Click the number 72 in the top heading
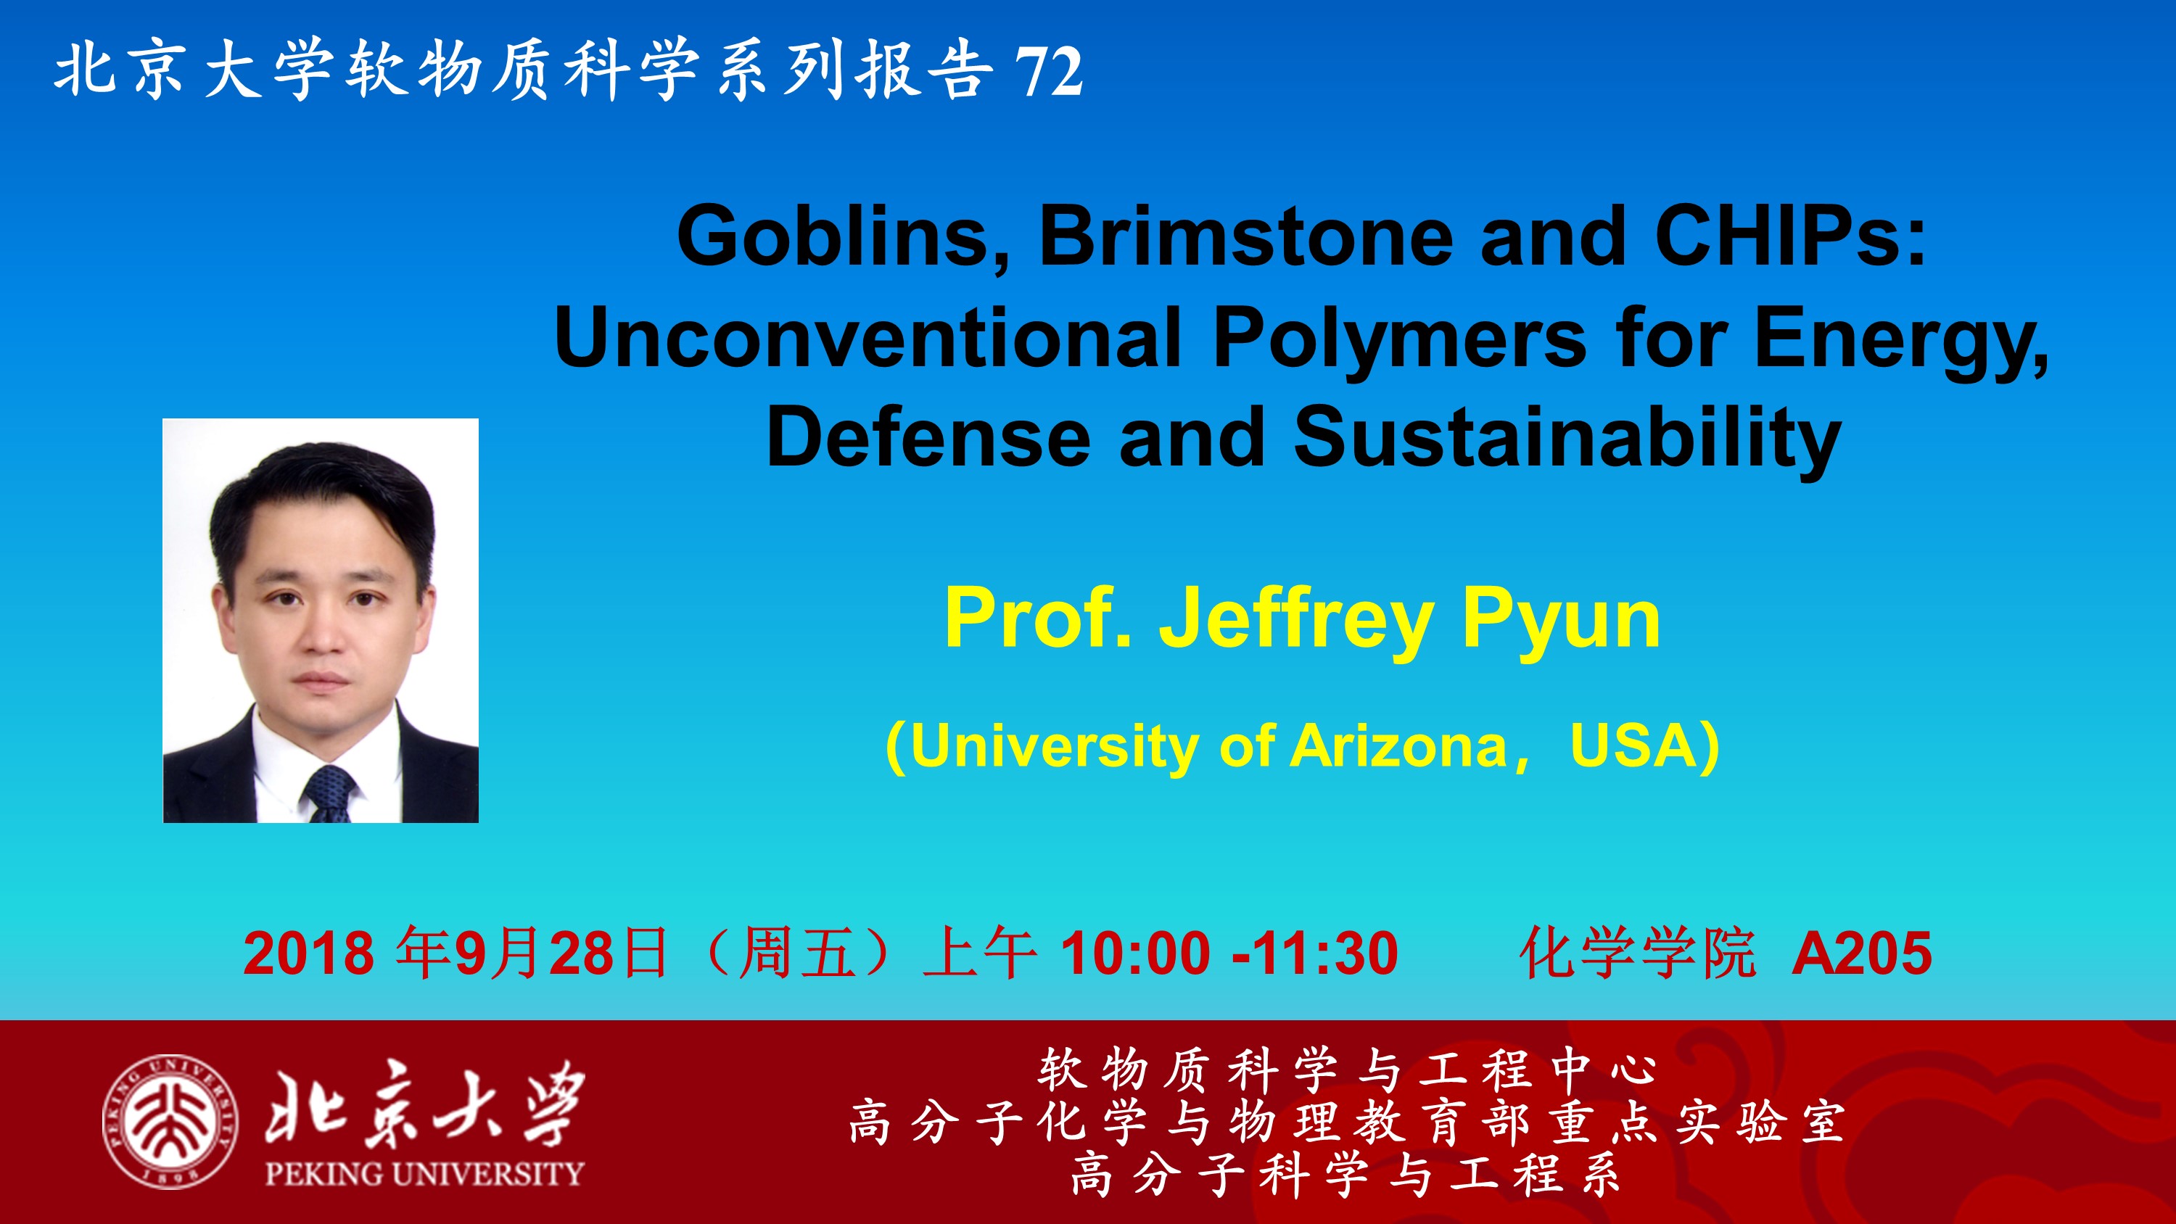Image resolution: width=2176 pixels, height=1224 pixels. (1048, 72)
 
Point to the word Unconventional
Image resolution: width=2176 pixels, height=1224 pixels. (867, 337)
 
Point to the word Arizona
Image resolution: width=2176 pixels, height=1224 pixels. (1400, 746)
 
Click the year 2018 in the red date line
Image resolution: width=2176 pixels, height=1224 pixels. (309, 954)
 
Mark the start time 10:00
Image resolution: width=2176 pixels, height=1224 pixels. (1135, 954)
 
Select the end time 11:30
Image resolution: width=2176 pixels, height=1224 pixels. (1324, 954)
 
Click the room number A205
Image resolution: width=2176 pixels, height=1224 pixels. (1862, 954)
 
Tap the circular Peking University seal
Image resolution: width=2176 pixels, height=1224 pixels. (170, 1122)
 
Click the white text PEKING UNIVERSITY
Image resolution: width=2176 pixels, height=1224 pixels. (424, 1174)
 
